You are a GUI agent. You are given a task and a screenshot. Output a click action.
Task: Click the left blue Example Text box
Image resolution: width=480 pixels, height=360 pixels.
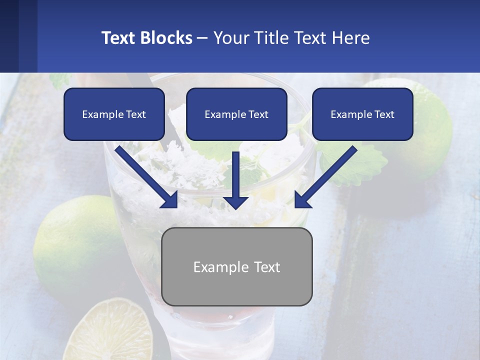(x=114, y=114)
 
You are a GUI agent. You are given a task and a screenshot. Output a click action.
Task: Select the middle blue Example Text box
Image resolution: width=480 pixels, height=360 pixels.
(x=236, y=114)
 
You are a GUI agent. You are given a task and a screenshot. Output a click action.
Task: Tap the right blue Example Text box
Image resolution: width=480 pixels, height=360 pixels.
(x=362, y=114)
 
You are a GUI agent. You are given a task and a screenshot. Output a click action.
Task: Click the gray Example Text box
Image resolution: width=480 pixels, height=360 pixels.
(x=236, y=266)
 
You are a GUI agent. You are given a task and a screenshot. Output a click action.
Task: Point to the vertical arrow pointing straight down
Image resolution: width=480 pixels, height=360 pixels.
(x=235, y=180)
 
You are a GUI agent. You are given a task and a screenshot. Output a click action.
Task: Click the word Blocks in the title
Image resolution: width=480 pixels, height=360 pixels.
(x=167, y=38)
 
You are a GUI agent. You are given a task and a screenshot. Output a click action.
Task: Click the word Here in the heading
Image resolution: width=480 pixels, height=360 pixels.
(x=353, y=38)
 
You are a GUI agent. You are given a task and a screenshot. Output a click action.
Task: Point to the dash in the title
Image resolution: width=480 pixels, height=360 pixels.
(x=202, y=38)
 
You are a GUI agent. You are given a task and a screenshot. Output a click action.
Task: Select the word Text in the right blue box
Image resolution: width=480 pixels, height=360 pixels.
(x=384, y=114)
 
